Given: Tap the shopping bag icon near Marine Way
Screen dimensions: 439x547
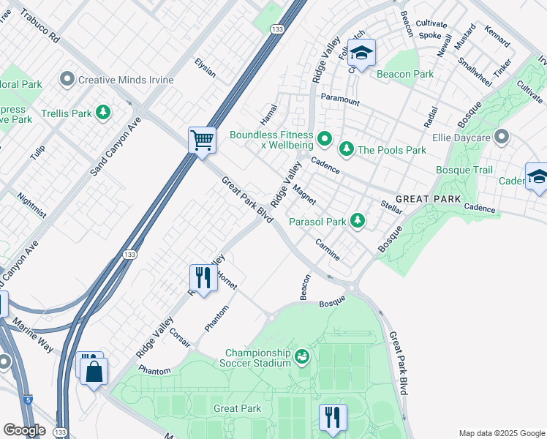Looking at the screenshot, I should (94, 372).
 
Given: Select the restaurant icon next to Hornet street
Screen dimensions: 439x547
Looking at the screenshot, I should (201, 277).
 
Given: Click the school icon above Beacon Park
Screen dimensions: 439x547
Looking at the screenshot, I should (361, 53).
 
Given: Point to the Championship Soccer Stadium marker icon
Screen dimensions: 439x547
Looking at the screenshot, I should (302, 356).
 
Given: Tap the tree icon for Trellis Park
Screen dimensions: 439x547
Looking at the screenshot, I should (104, 113).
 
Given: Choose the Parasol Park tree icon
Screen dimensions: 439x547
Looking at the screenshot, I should (357, 220).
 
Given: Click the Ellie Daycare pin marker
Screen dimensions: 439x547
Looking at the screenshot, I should (501, 136).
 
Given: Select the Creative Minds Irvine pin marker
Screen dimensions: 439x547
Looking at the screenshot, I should (68, 79).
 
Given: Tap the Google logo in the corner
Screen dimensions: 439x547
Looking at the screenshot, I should (24, 430).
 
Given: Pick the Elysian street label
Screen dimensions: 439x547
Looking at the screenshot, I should (205, 68).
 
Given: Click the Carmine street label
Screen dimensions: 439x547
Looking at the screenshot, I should (327, 249).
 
